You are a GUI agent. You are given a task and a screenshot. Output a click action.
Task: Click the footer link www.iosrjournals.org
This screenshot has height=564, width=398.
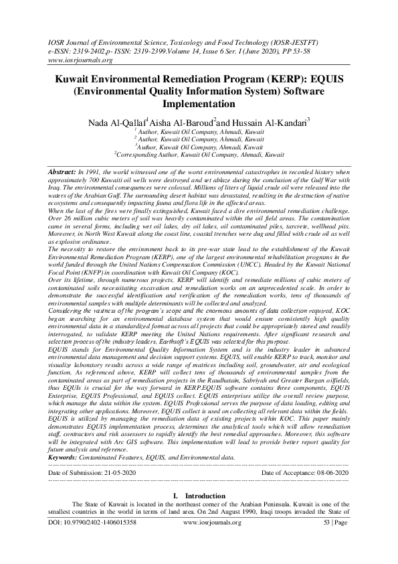point(213,539)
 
